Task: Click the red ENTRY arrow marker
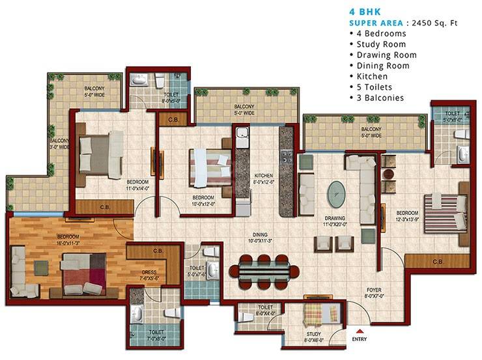358,331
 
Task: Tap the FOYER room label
373,288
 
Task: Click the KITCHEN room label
263,176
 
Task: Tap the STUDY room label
314,335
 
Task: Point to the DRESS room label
149,273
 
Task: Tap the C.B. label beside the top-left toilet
173,120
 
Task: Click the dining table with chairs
262,267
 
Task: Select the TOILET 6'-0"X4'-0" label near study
264,309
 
